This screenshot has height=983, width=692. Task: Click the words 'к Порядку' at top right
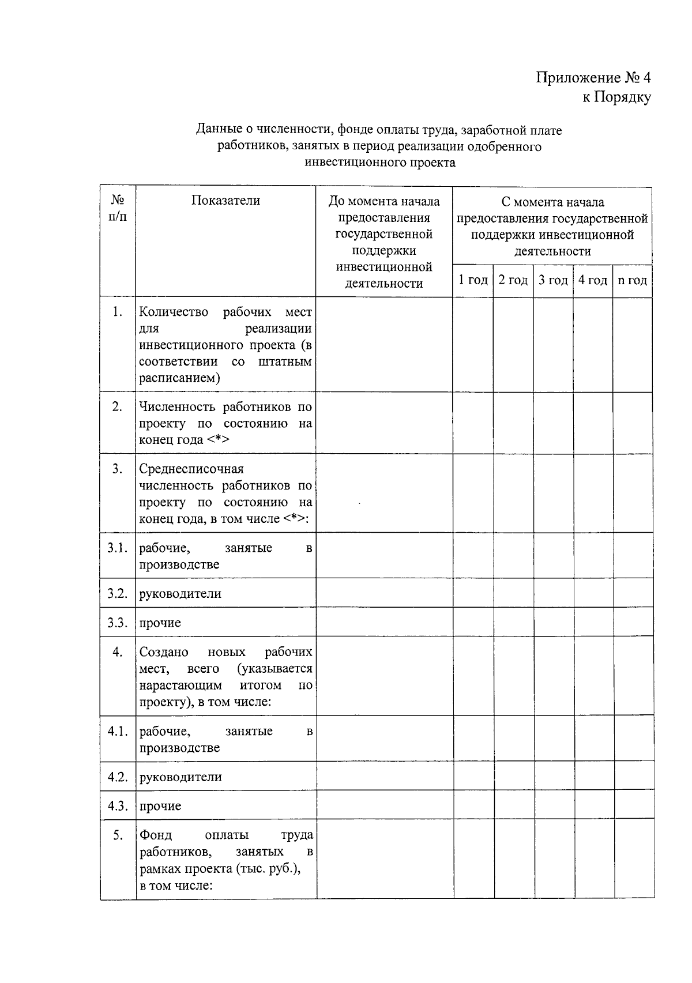click(616, 97)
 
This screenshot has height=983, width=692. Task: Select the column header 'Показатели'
click(225, 201)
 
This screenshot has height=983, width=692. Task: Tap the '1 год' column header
click(473, 280)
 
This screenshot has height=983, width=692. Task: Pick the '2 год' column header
click(513, 280)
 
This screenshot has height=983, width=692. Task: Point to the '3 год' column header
click(553, 280)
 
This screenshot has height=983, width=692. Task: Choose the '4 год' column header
click(593, 280)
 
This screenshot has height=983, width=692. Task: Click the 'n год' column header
click(632, 280)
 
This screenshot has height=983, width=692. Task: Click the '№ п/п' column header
click(118, 208)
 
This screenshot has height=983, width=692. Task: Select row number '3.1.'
click(117, 548)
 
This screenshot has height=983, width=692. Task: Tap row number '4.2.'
click(117, 777)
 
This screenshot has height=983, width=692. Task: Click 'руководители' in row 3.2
click(180, 594)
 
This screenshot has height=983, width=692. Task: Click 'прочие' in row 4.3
click(160, 806)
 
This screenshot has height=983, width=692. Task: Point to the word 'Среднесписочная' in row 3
click(191, 469)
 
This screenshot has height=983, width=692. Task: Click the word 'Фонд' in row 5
click(155, 835)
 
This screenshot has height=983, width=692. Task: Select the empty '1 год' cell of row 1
click(473, 344)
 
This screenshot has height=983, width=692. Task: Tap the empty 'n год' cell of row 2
click(632, 423)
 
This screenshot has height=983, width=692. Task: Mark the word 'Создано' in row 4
click(164, 652)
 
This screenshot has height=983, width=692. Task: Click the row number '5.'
click(117, 835)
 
